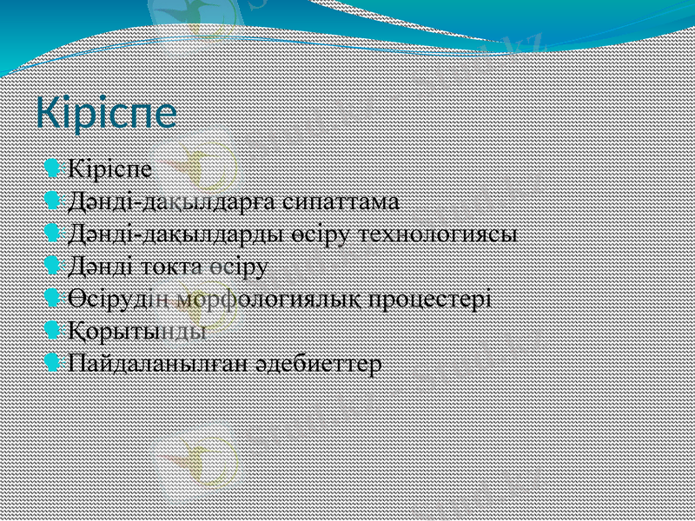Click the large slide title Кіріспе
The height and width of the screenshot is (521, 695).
click(106, 114)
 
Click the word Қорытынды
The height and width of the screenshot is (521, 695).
click(137, 332)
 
